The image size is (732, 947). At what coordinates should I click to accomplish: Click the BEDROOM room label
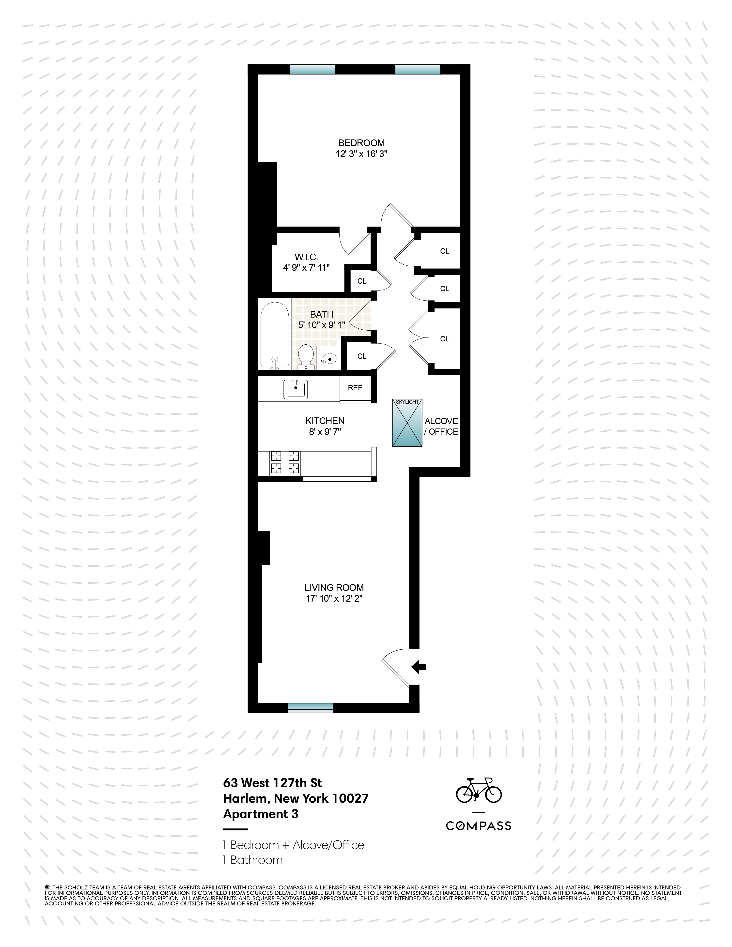[361, 143]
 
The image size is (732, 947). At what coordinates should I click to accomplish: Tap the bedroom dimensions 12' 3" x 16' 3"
[361, 154]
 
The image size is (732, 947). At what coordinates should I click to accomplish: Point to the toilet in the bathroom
[307, 356]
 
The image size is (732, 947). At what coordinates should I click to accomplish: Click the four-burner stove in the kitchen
[285, 462]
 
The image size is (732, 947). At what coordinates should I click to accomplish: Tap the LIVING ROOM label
[334, 588]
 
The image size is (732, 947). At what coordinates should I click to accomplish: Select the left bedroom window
[312, 69]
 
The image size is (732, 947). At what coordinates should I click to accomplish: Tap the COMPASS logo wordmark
[478, 826]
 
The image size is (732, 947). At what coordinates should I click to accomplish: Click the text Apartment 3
[261, 814]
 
